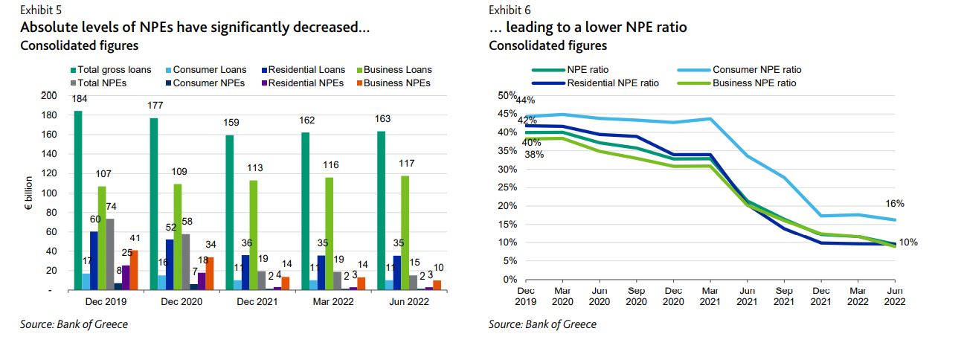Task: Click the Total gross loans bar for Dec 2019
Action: [78, 200]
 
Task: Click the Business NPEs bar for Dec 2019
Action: [134, 270]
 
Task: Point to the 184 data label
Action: [78, 99]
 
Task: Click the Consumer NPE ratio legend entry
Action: [756, 70]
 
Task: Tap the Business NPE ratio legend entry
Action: [753, 83]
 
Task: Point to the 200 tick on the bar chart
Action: [48, 96]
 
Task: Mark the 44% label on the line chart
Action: [525, 100]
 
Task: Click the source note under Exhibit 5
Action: [74, 325]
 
